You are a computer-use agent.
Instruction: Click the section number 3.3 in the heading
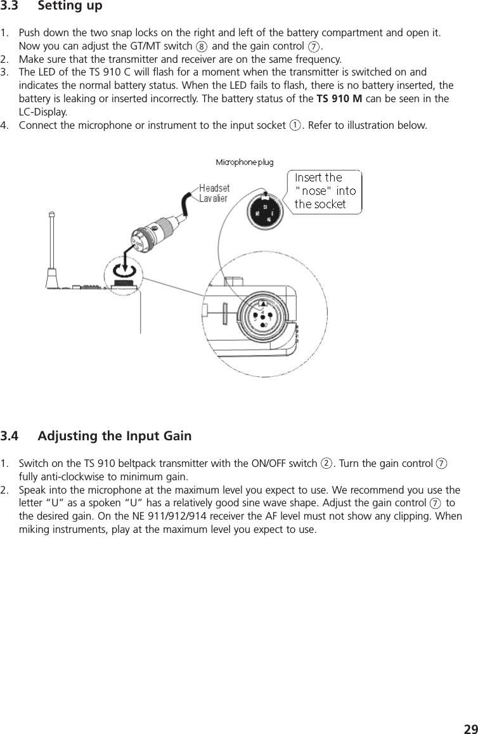coord(11,7)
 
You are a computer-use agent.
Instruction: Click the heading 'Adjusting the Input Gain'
coord(115,436)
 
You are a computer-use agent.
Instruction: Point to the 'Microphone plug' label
coord(245,162)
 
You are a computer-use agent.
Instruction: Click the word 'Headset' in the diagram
coord(214,188)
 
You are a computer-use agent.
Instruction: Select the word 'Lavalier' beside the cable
coord(214,198)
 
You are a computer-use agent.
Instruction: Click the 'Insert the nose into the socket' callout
coord(325,190)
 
